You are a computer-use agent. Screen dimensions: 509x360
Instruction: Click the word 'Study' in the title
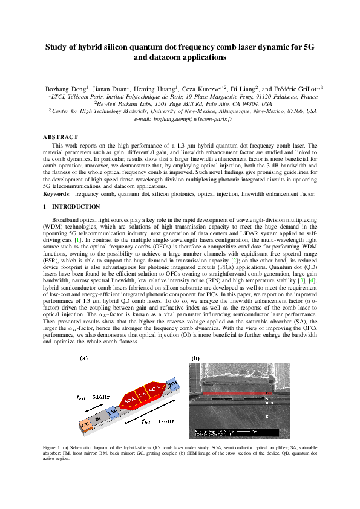pos(59,47)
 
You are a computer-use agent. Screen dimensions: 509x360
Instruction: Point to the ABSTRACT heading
pos(60,137)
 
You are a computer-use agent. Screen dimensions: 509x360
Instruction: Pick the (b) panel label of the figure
pos(195,358)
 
